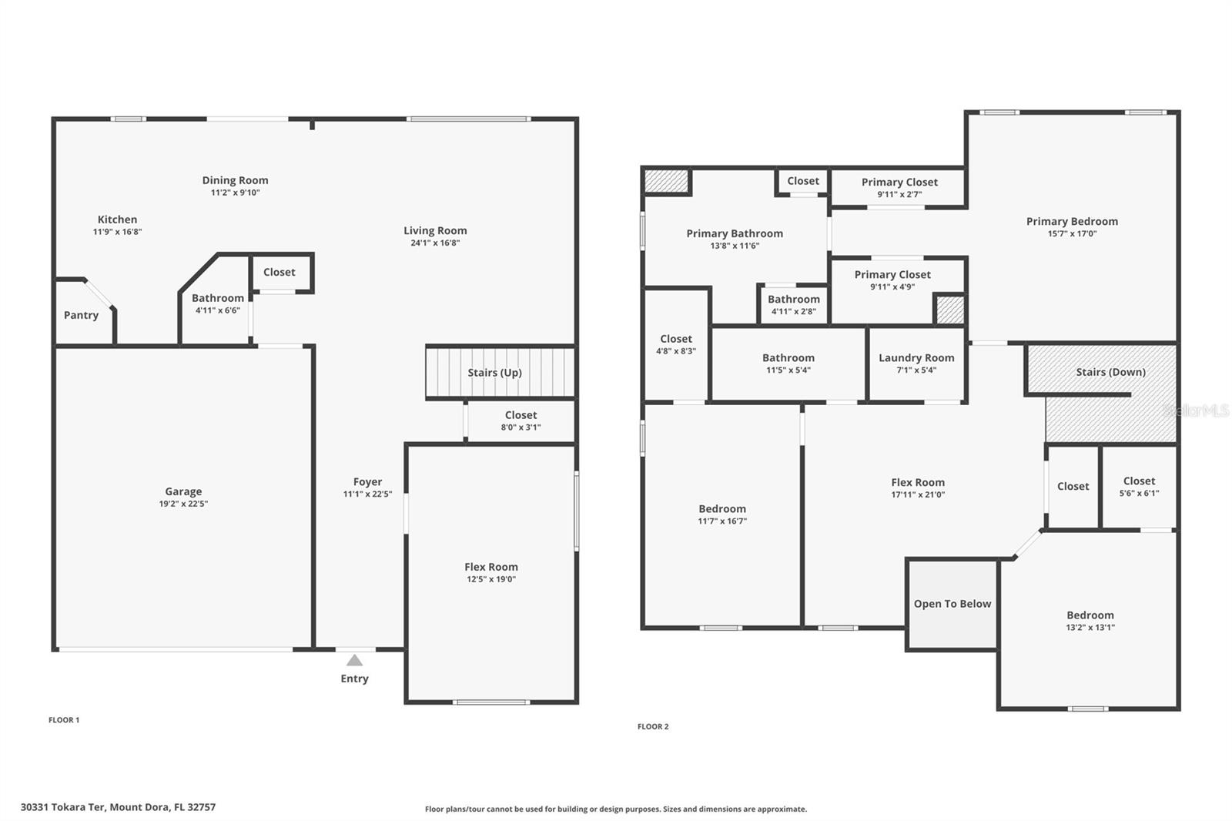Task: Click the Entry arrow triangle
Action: click(354, 661)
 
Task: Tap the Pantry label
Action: click(81, 315)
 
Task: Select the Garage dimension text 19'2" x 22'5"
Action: click(183, 504)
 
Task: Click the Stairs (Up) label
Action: click(494, 373)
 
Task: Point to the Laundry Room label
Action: click(916, 357)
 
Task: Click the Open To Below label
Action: click(952, 604)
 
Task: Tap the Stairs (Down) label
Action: click(1110, 372)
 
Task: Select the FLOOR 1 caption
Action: click(64, 720)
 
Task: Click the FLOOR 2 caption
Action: click(653, 726)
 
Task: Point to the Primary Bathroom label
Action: click(735, 233)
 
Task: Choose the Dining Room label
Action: click(235, 180)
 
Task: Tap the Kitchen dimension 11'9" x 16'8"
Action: click(117, 232)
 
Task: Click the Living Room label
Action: click(435, 230)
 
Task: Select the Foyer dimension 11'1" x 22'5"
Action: click(367, 494)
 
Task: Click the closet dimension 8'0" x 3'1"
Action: click(521, 427)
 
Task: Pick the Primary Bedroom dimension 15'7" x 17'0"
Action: click(1072, 234)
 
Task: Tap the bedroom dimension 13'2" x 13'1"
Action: click(1090, 628)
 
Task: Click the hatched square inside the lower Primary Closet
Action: click(950, 310)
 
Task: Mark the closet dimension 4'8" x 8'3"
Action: click(676, 351)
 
